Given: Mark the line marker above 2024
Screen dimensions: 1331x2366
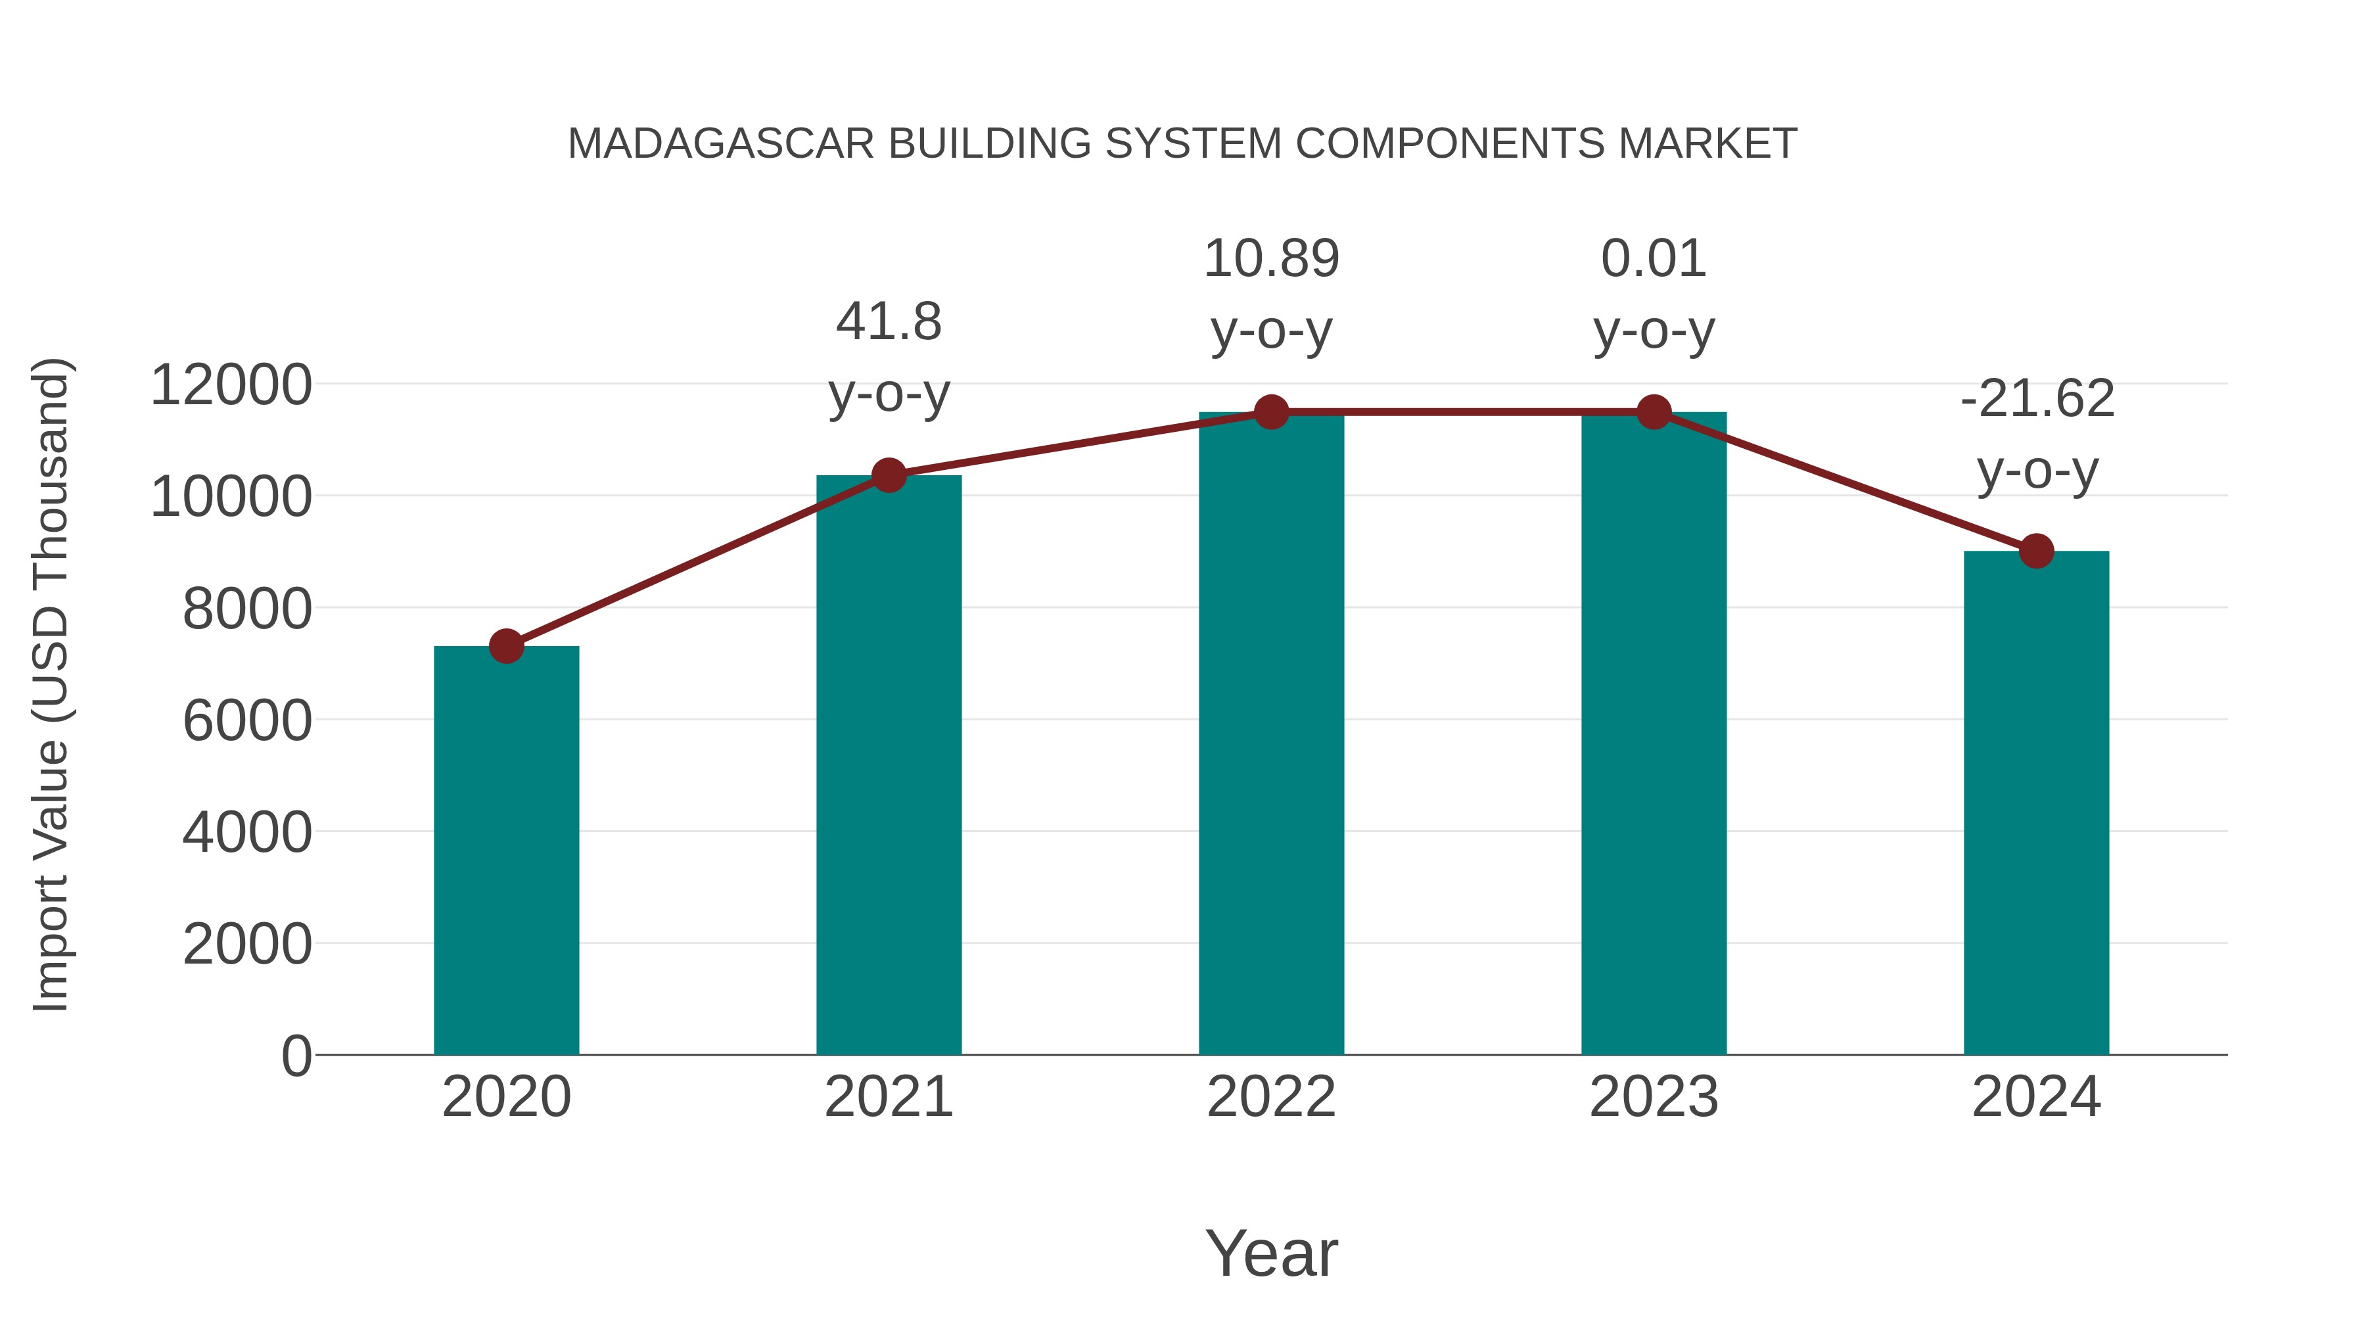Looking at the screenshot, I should point(2036,551).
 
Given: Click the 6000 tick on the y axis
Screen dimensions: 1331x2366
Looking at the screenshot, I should point(247,720).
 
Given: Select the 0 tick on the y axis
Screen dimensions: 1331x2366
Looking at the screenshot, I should point(296,1056).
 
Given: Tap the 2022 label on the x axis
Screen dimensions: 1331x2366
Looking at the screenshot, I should point(1271,1097).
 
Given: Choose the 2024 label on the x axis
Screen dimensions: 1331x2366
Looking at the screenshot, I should point(2036,1097).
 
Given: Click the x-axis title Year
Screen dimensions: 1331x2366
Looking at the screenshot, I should point(1271,1253).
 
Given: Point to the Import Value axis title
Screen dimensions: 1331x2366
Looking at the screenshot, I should point(51,684).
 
